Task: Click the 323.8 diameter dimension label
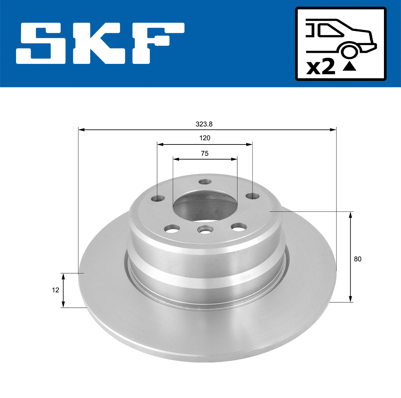pyautogui.click(x=204, y=124)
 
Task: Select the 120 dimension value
pyautogui.click(x=205, y=138)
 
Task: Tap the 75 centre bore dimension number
pyautogui.click(x=205, y=154)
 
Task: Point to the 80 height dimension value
pyautogui.click(x=358, y=259)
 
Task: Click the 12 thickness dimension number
pyautogui.click(x=55, y=290)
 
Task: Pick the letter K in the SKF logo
pyautogui.click(x=100, y=43)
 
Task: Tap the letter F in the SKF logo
pyautogui.click(x=157, y=43)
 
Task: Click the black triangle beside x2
pyautogui.click(x=349, y=67)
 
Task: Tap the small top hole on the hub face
pyautogui.click(x=204, y=182)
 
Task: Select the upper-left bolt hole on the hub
pyautogui.click(x=158, y=198)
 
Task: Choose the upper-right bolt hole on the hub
pyautogui.click(x=251, y=196)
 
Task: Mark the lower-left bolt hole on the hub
pyautogui.click(x=172, y=229)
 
